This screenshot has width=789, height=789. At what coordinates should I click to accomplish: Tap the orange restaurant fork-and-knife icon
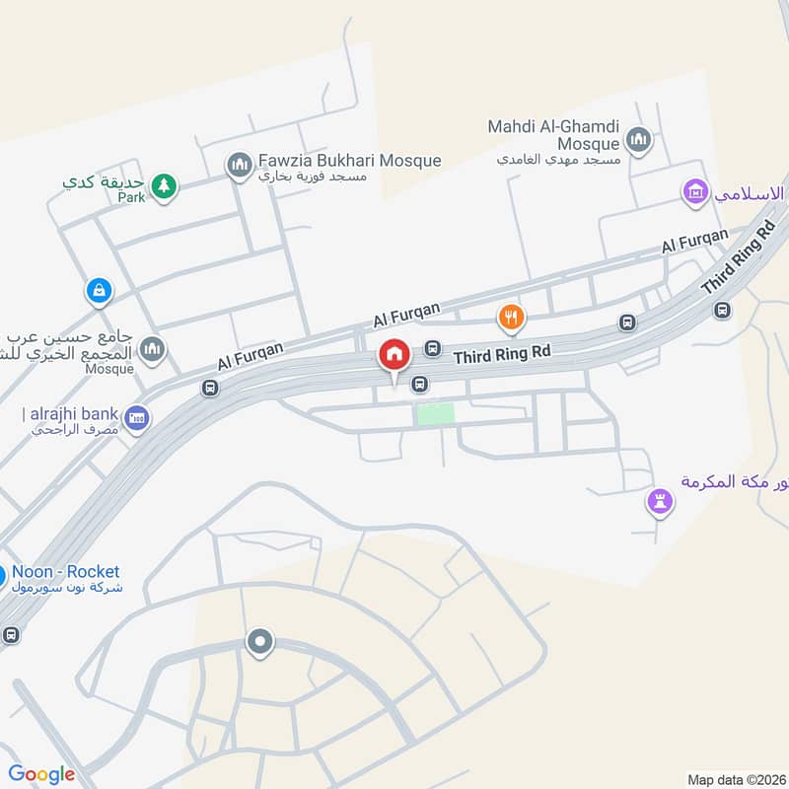click(510, 318)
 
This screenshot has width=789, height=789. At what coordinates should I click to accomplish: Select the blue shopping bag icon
click(99, 290)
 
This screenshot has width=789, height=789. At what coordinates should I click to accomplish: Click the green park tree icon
click(165, 184)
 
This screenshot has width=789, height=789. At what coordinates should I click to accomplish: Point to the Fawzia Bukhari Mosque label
click(349, 161)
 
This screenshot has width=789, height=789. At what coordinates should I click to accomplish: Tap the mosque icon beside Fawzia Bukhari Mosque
click(238, 165)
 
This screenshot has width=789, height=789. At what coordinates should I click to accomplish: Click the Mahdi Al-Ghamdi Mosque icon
click(639, 140)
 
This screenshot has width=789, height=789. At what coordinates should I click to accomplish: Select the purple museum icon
click(696, 192)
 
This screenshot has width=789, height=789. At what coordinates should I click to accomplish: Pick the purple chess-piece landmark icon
click(660, 501)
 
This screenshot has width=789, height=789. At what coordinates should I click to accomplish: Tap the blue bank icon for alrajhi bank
click(137, 418)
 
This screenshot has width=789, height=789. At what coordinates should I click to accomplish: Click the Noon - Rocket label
click(66, 572)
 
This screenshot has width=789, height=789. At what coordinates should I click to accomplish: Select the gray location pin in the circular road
click(260, 643)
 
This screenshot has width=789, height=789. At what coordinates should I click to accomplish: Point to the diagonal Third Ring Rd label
click(740, 258)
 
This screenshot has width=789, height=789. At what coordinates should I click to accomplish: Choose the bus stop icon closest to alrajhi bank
click(209, 389)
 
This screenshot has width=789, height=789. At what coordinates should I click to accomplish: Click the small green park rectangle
click(435, 414)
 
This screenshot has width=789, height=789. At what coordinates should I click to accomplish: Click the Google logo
click(41, 774)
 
